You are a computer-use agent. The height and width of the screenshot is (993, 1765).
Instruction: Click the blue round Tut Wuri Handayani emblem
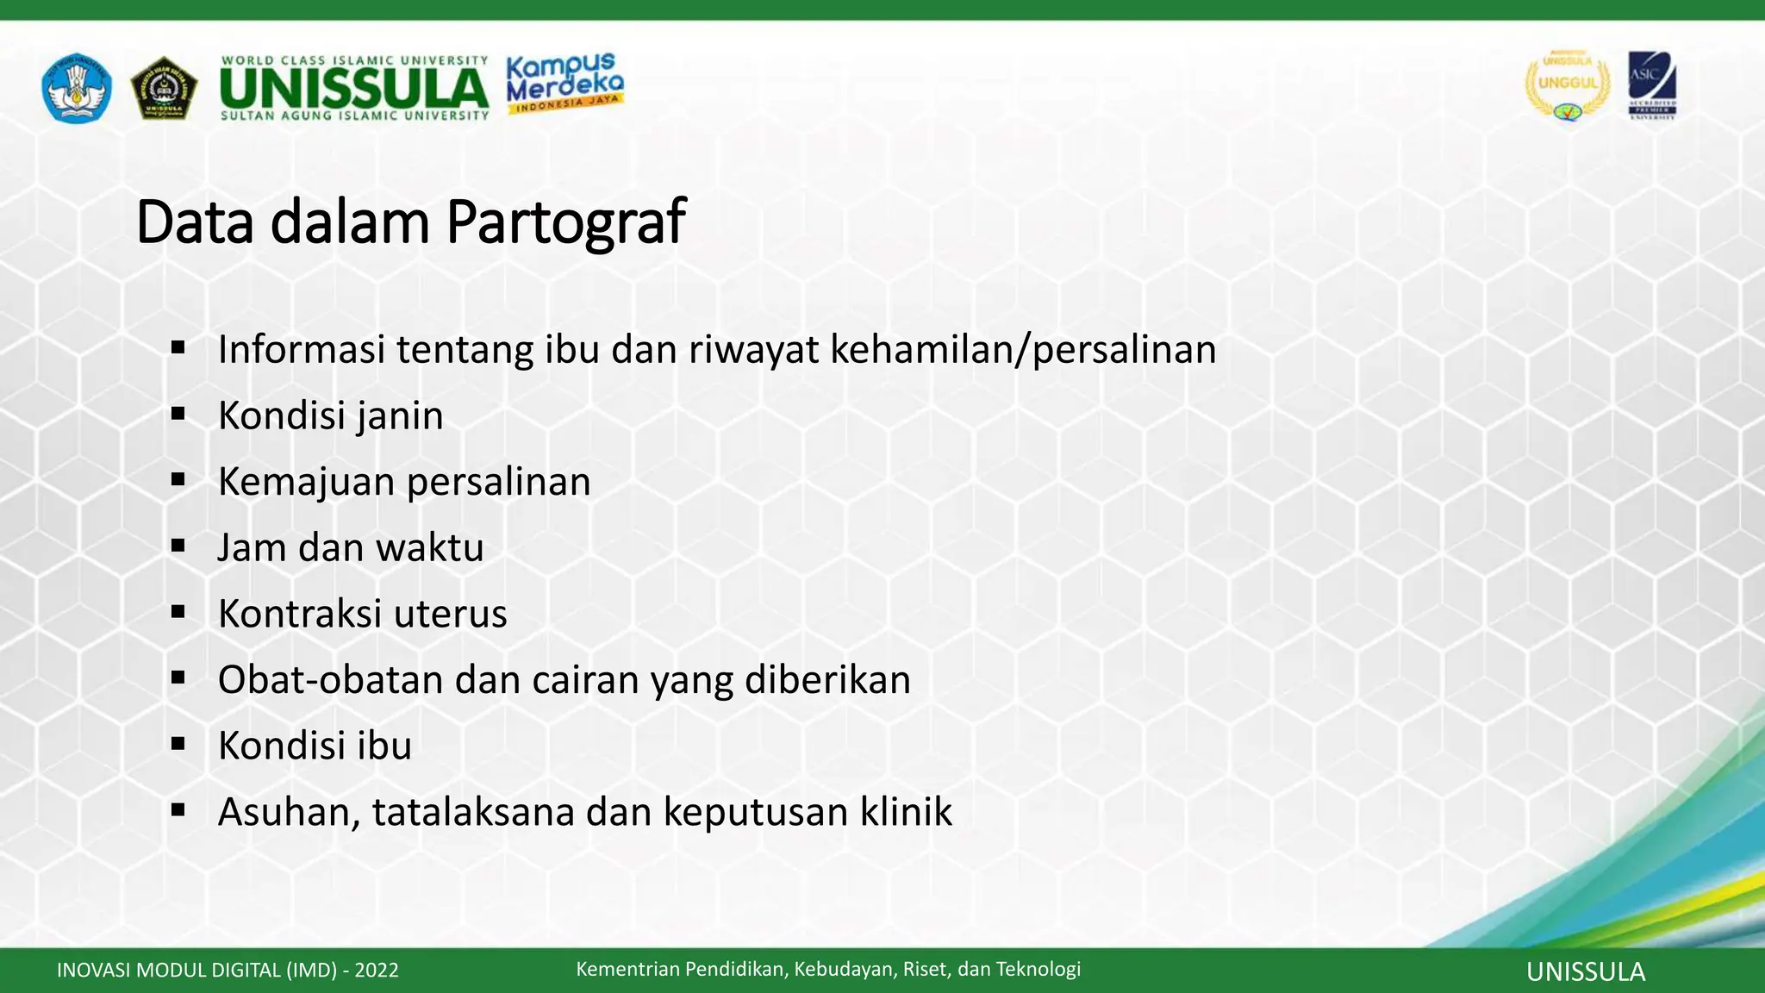coord(76,87)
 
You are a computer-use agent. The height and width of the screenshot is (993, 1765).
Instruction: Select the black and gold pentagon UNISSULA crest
coord(164,88)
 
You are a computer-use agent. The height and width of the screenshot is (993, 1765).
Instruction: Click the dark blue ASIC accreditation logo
coord(1651,85)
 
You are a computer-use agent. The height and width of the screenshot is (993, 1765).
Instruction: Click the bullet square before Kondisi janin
coord(178,415)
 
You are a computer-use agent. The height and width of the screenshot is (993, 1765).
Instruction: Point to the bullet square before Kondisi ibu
coord(178,745)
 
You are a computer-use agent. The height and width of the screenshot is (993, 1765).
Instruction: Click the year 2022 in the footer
coord(377,971)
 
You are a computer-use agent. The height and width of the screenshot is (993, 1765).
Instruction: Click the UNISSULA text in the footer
coord(1585,972)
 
